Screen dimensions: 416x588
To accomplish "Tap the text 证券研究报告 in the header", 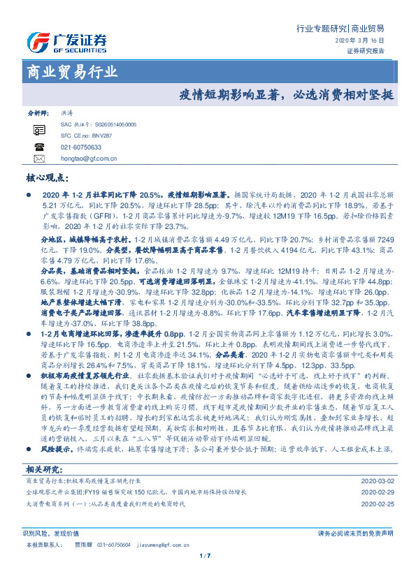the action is click(x=365, y=51).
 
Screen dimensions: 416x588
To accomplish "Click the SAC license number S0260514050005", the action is click(x=110, y=124).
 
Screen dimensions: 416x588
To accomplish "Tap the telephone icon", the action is click(x=38, y=147).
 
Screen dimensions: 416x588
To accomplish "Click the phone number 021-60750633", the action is click(x=81, y=147).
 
